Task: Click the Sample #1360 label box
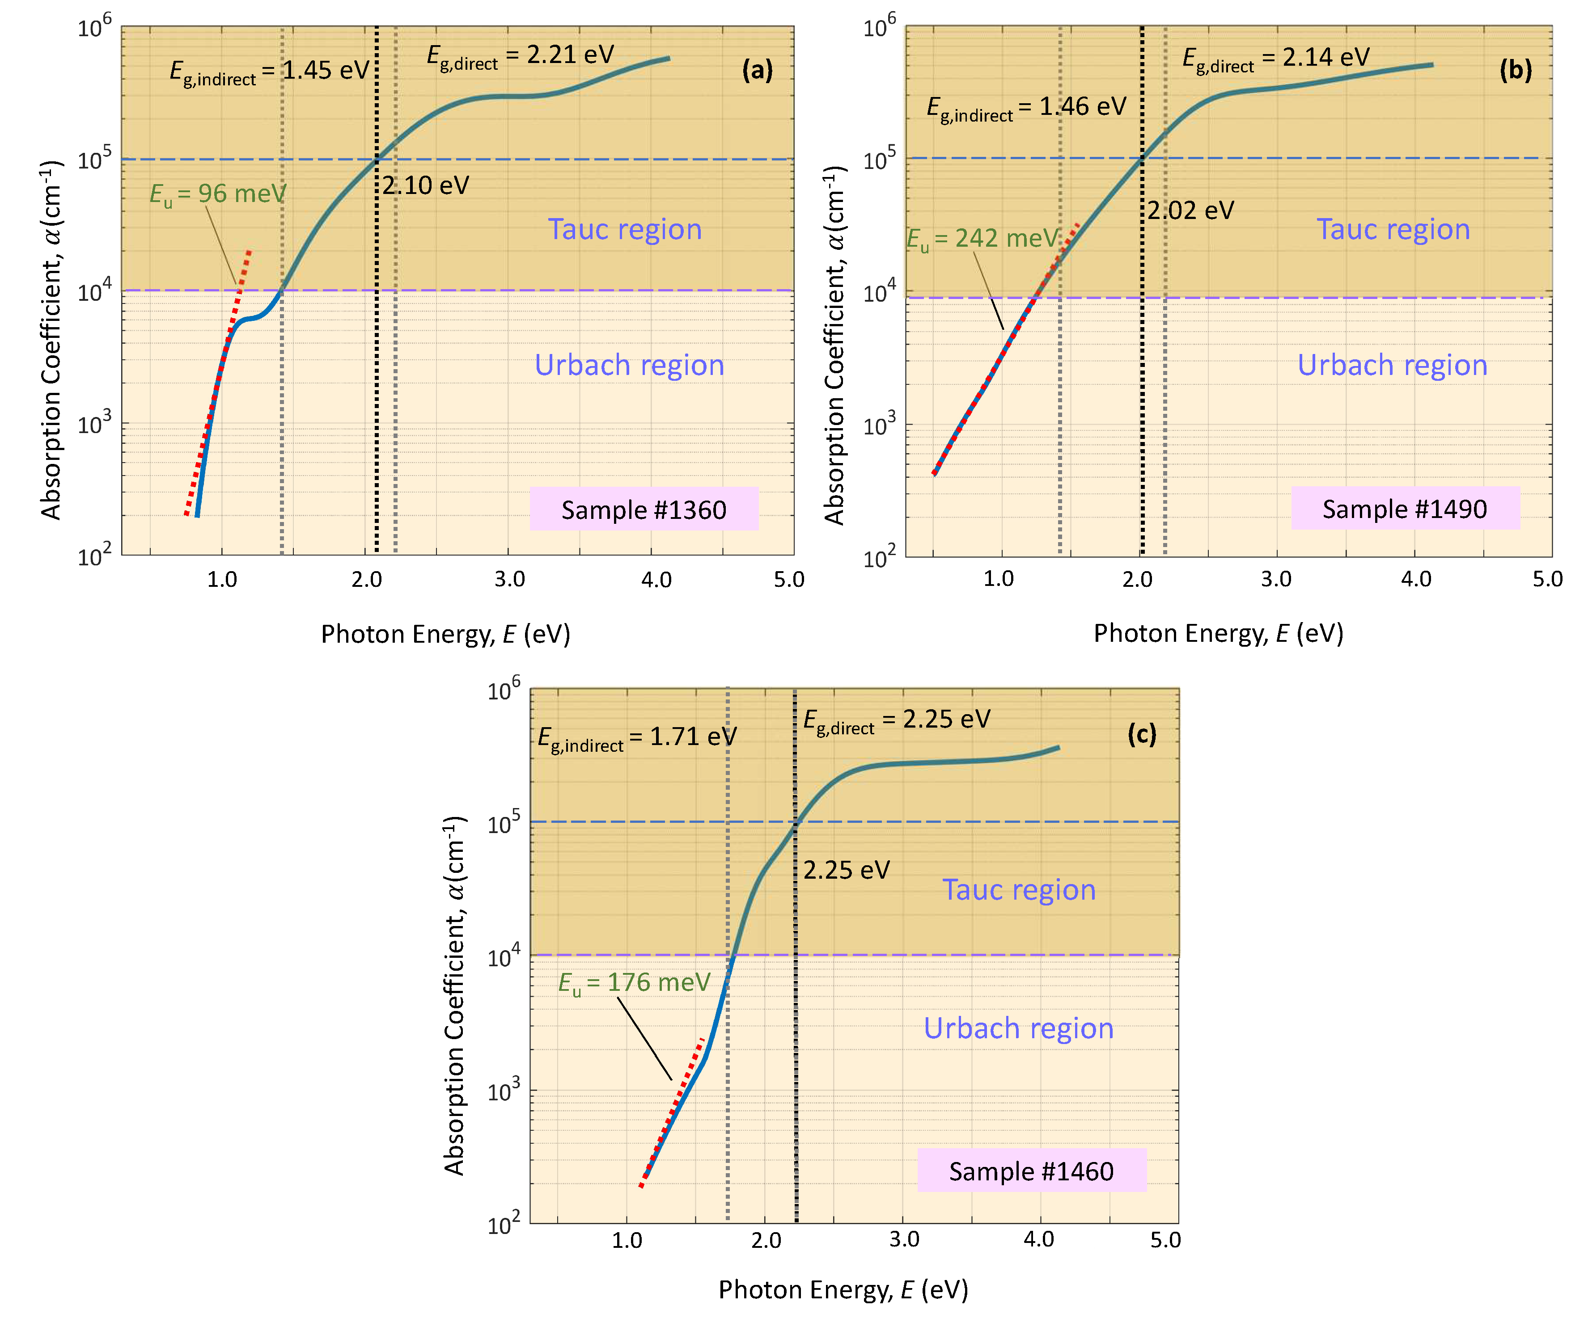pos(644,510)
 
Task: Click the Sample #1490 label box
pos(1405,509)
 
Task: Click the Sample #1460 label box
pos(1031,1171)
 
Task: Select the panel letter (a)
pos(757,70)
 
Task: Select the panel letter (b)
pos(1516,70)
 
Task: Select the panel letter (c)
pos(1141,734)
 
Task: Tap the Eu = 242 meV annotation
pos(982,239)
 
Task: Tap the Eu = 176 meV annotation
pos(634,982)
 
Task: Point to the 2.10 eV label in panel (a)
pos(425,185)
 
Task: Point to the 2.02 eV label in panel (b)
pos(1190,210)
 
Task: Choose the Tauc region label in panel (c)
pos(1019,889)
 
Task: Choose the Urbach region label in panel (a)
pos(629,365)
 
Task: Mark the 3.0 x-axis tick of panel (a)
pos(510,580)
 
